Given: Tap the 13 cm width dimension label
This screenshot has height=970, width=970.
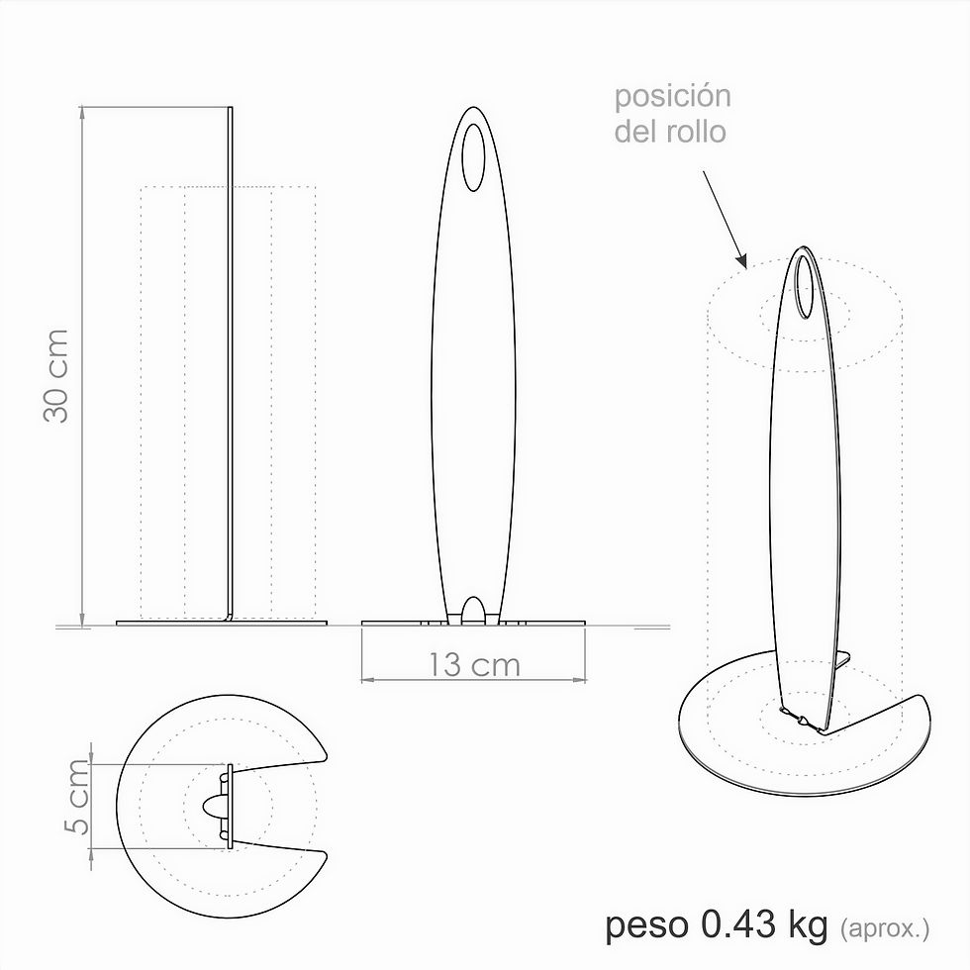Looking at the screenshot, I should click(474, 664).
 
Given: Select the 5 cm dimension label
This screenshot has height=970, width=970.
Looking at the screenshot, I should click(77, 796).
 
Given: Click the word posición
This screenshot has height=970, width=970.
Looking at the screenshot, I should click(672, 97).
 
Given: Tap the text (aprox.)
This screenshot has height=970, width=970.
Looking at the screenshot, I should click(885, 928).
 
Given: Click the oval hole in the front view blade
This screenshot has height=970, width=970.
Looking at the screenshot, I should click(474, 156).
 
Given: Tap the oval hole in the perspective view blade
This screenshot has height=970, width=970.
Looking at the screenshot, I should click(805, 288).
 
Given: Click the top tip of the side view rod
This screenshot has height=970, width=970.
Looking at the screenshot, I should click(231, 109).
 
